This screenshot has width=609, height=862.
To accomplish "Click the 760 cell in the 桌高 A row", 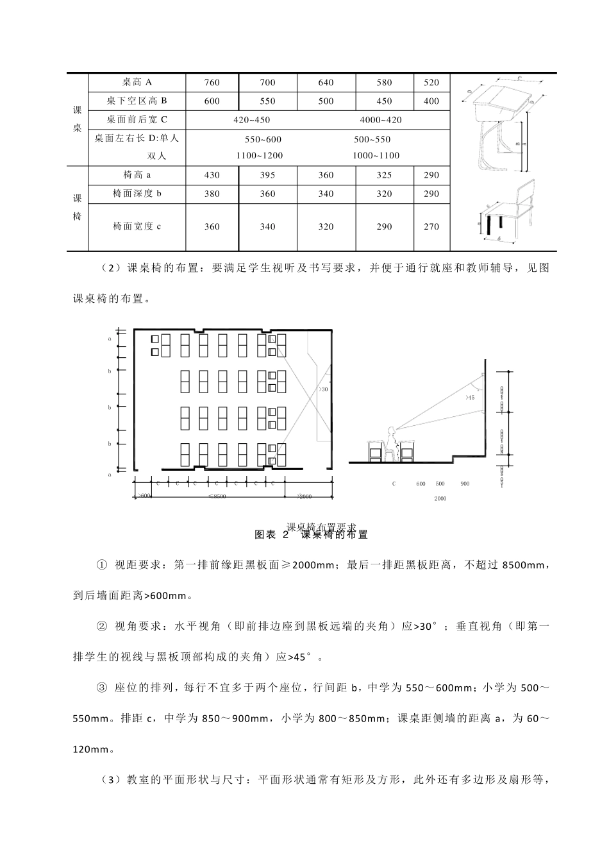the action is coord(212,83).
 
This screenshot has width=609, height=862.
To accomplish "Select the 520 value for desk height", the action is coord(431,83).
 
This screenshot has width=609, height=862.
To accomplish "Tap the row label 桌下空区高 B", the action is coord(137,101).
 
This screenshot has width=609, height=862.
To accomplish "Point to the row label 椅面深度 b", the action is coord(137,193).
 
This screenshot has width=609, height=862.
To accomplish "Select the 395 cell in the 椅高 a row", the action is coord(267,175).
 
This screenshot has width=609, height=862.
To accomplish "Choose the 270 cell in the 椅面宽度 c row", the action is coord(431,226).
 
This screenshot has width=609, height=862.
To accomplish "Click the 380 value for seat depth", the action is coord(212,194).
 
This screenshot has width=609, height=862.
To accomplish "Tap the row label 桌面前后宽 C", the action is coord(137,119).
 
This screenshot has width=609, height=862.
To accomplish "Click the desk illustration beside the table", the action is coord(503,122).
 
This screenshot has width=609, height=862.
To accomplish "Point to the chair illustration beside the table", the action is coord(506,215).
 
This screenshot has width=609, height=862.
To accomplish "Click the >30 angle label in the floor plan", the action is coord(323,389).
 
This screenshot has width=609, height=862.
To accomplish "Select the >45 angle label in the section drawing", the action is coord(470,398).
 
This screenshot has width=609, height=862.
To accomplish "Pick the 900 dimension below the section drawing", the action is coord(464,484).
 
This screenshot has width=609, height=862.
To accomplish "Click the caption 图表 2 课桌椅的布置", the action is coord(311,534).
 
